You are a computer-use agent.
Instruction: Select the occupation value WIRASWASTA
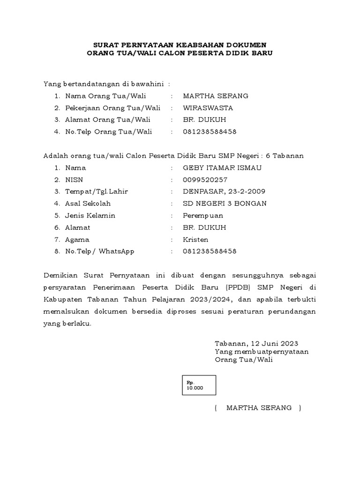[208, 108]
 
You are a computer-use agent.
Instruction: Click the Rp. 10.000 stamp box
[199, 385]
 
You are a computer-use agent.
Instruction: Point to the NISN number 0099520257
[205, 180]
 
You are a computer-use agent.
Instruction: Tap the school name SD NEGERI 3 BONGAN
[225, 203]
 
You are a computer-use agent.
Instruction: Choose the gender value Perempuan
[203, 216]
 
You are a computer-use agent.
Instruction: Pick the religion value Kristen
[195, 240]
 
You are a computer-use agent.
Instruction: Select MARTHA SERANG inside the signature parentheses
[259, 408]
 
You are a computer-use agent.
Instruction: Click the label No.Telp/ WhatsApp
[100, 251]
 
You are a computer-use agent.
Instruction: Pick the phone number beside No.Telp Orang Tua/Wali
[210, 132]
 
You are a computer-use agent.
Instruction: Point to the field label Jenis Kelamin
[90, 216]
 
